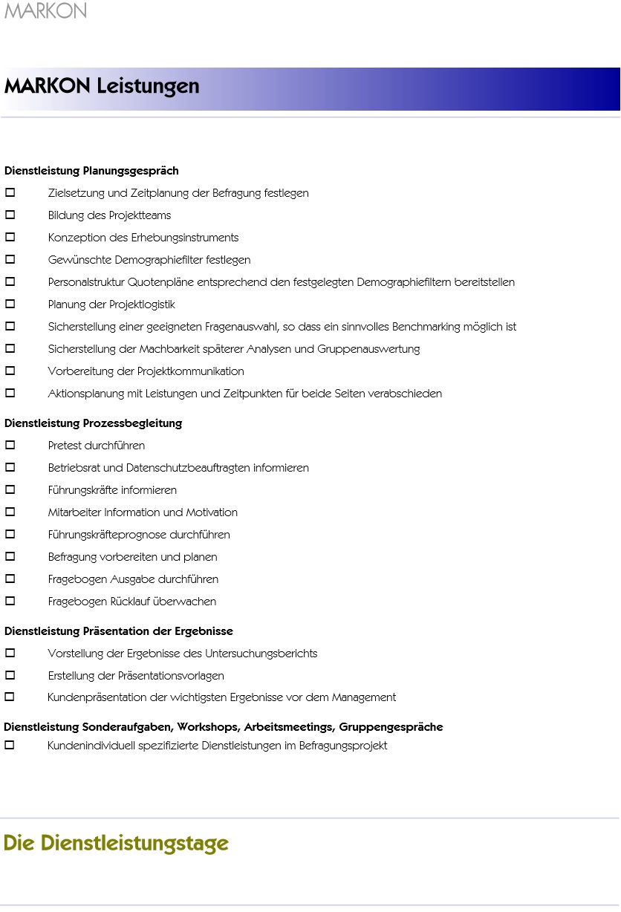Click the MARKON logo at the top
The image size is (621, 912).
coord(45,11)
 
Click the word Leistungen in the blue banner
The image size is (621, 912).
coord(148,86)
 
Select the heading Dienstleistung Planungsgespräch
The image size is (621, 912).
coord(91,171)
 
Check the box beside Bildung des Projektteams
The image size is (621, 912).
coord(10,215)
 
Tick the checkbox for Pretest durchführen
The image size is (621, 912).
coord(10,446)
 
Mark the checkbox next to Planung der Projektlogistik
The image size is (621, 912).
coord(10,304)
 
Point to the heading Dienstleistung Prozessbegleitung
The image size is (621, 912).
coord(93,423)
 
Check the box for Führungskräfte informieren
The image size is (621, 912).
coord(10,490)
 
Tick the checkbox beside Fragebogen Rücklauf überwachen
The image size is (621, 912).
coord(10,602)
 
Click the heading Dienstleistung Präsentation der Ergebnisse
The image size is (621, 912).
coord(119,631)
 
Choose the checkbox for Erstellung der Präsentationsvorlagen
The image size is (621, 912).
coord(10,676)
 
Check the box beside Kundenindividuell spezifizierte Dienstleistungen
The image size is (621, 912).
coord(10,746)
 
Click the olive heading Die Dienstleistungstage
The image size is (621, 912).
coord(116,844)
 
